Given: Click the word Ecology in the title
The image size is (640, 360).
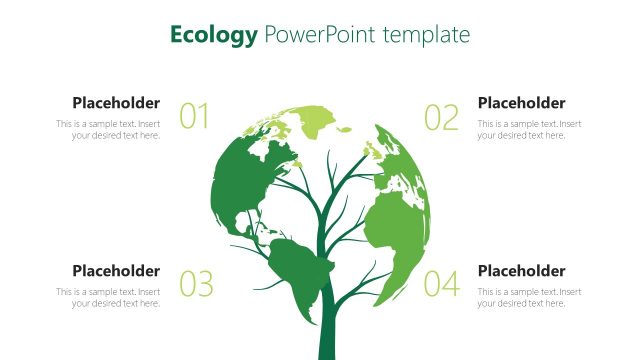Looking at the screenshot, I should [213, 36].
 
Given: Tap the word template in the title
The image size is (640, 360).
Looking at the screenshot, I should [421, 36].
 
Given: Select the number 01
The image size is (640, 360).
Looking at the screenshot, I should [194, 117].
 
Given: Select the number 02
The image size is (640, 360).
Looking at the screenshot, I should [441, 117].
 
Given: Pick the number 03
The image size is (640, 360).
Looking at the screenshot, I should [196, 285].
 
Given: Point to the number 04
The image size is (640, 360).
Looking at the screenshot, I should [441, 285].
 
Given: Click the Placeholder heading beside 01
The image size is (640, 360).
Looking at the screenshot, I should [116, 103].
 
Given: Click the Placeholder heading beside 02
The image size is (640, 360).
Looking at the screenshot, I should [521, 103].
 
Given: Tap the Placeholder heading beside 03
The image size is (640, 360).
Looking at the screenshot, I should [116, 271].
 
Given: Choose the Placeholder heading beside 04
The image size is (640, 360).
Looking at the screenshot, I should [521, 271].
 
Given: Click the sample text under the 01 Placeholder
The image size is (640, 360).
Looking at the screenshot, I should [108, 130].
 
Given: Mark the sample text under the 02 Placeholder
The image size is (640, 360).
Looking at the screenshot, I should [529, 130].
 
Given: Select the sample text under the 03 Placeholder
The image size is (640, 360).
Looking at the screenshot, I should [108, 298].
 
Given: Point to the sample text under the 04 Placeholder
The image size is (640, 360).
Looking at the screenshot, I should [529, 298].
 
